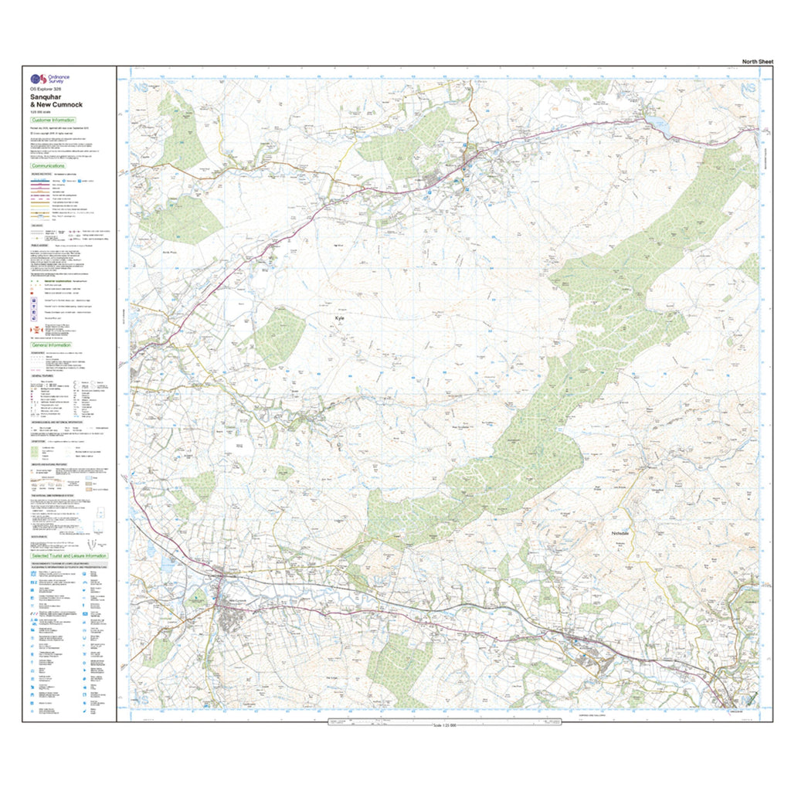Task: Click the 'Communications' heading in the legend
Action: [48, 166]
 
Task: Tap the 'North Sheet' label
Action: [757, 61]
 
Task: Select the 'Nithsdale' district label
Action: [622, 533]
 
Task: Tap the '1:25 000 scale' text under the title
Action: [43, 113]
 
